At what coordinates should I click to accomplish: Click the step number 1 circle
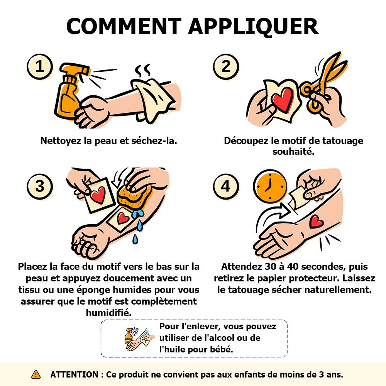click(40, 66)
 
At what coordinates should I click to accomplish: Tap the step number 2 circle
click(226, 66)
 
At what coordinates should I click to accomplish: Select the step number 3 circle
click(40, 186)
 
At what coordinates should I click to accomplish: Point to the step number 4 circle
click(226, 186)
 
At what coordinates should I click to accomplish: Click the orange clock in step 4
click(270, 186)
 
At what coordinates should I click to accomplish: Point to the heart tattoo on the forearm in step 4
click(316, 221)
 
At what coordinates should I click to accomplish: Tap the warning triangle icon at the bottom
click(36, 374)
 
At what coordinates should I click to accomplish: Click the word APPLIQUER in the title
click(253, 27)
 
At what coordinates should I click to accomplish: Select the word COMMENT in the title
click(124, 26)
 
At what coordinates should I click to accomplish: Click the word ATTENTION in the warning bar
click(74, 374)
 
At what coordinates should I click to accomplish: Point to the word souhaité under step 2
click(293, 152)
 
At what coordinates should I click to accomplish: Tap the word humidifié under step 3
click(108, 313)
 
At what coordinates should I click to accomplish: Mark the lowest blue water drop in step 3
click(135, 239)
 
